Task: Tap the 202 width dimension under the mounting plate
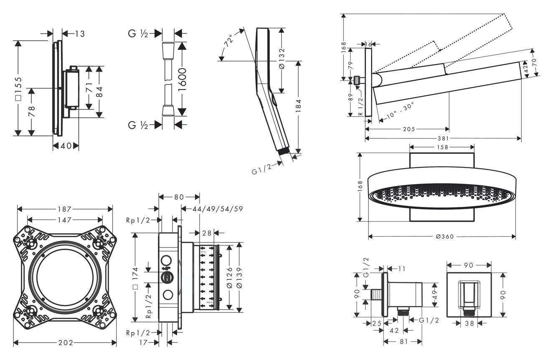[65, 343]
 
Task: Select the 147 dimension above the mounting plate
[65, 219]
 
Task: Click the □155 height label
[18, 88]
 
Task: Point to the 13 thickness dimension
[79, 33]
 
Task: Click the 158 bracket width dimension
[442, 147]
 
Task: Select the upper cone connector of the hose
[168, 46]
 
